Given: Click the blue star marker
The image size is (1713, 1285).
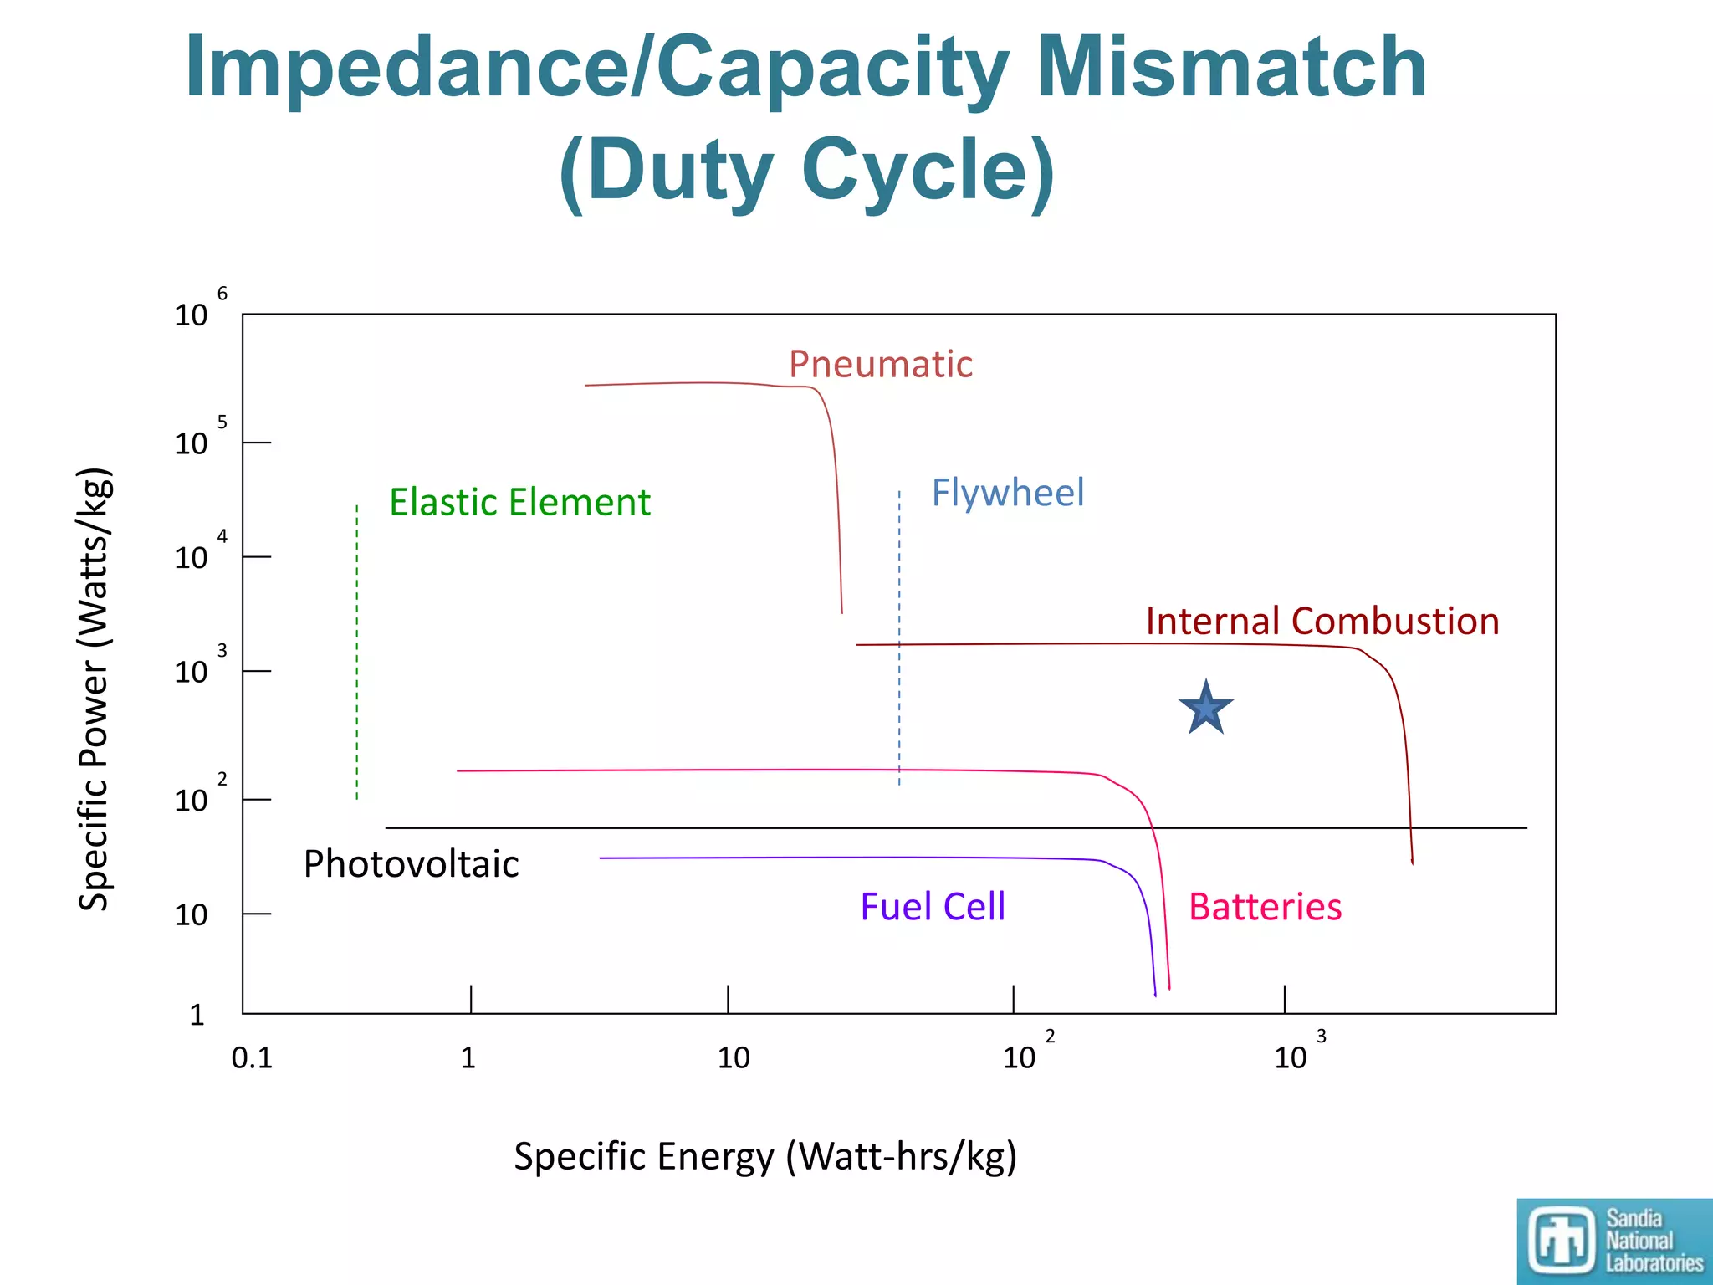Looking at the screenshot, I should tap(1205, 709).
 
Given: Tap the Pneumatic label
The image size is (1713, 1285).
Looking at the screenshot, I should tap(881, 365).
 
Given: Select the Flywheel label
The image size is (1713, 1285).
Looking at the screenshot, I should tap(1007, 493).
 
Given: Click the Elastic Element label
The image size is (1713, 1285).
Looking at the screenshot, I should tap(519, 503).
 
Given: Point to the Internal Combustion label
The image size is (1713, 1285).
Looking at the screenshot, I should tap(1322, 622).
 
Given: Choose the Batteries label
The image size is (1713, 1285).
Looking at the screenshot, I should tap(1265, 908).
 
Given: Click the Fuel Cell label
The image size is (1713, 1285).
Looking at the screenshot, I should tap(933, 908).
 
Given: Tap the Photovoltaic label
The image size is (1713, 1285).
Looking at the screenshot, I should tap(411, 864).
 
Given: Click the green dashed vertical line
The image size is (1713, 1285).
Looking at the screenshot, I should tap(357, 653).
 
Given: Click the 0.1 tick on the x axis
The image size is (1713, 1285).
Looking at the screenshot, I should tap(252, 1058).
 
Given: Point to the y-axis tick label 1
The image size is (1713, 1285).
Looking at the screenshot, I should tap(197, 1015).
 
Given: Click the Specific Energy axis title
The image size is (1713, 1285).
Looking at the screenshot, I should tap(764, 1157).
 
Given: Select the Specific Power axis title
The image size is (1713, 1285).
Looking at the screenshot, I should tap(94, 689).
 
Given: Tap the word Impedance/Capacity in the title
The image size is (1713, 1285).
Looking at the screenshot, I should tap(597, 69).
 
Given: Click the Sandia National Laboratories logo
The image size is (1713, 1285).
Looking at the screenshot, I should tap(1614, 1241).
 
